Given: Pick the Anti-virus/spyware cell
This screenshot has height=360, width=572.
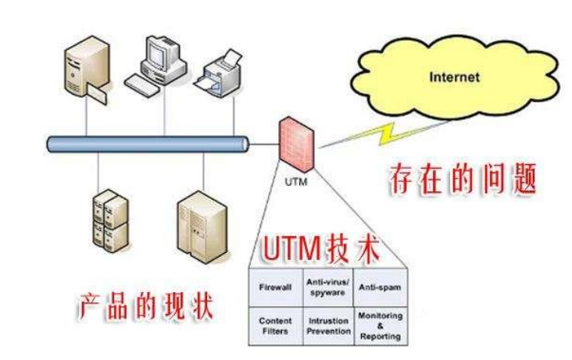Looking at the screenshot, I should [328, 287].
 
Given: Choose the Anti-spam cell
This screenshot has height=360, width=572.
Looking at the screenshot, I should [380, 287].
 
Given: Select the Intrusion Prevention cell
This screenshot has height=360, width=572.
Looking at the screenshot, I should [328, 325].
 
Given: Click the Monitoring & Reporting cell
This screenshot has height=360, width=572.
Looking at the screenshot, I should [380, 326].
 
